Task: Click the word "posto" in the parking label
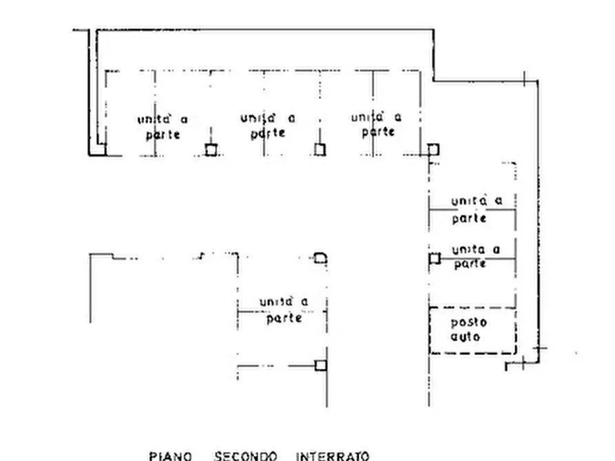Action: click(469, 323)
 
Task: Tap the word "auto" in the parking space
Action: click(465, 336)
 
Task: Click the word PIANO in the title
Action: click(170, 456)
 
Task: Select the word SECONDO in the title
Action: click(246, 456)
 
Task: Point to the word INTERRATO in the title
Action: click(333, 456)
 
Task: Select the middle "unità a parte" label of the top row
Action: click(268, 126)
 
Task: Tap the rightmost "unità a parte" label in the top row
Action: click(377, 125)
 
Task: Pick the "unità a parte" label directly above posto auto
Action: click(476, 257)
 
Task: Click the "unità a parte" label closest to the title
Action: click(284, 310)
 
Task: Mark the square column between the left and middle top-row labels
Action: click(211, 150)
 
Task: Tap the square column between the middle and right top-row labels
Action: click(320, 150)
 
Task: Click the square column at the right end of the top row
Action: click(433, 149)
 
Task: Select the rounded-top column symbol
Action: click(320, 258)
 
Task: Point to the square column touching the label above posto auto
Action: click(435, 259)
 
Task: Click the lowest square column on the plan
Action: click(321, 365)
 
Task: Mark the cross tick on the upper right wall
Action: click(525, 79)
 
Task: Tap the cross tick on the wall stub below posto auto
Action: click(523, 363)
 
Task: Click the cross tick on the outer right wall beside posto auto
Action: click(540, 348)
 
